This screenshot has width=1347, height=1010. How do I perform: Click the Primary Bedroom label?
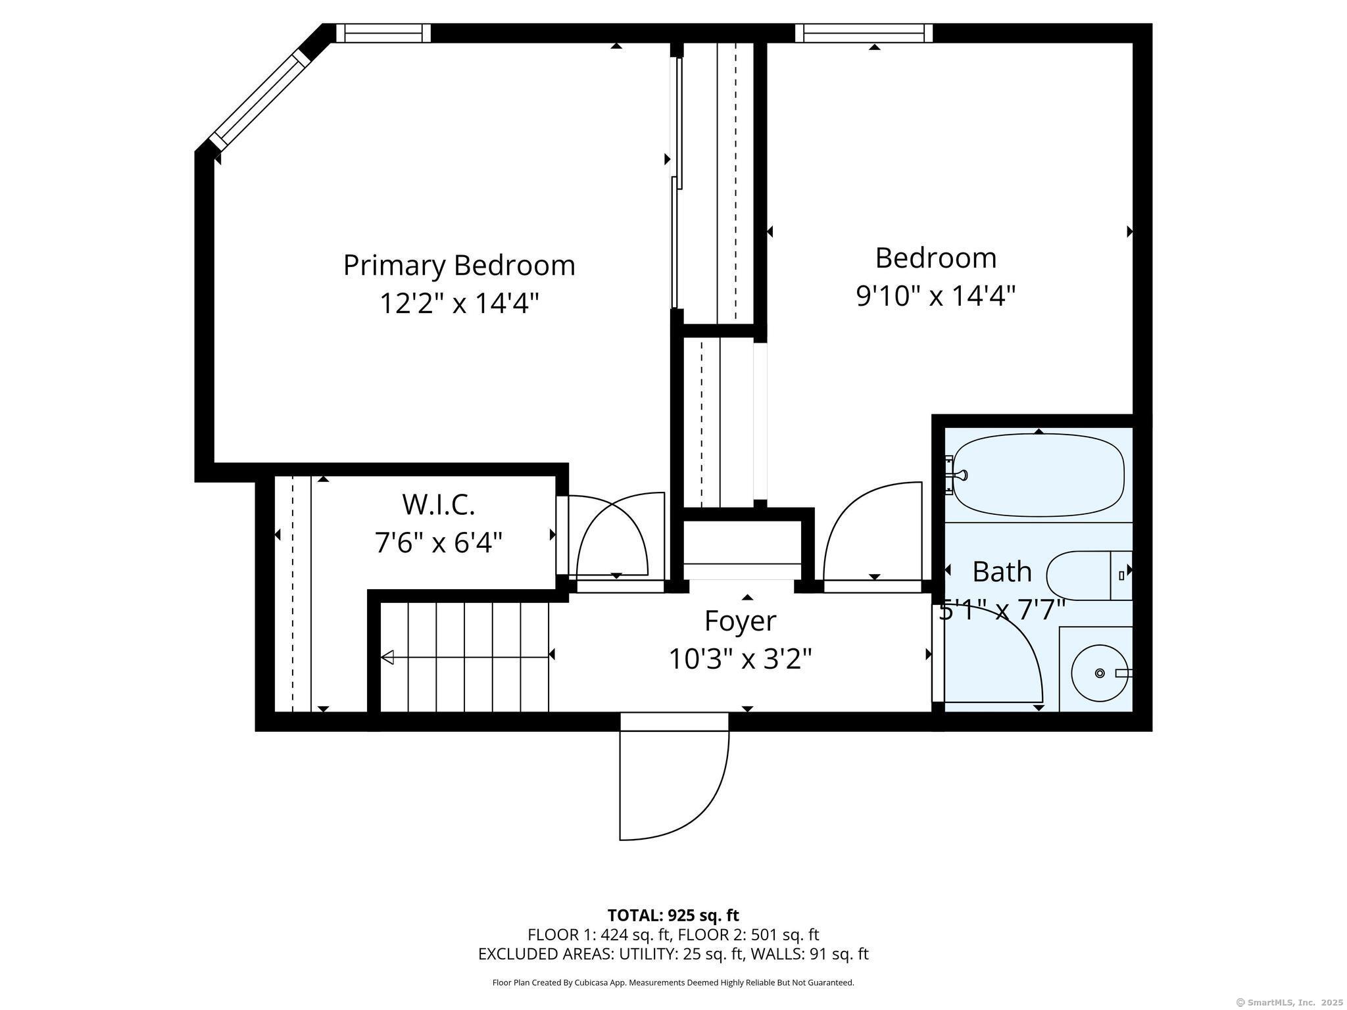459,266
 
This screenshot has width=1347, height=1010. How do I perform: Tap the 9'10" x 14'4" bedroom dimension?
935,296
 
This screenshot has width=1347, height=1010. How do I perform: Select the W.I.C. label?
438,505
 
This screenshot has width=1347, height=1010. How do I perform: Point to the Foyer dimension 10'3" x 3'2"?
740,658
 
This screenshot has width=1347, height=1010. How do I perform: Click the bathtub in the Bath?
1039,475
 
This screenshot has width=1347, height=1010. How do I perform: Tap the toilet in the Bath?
1089,576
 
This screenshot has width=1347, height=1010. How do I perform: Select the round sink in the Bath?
1100,673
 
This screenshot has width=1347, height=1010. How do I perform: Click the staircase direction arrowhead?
387,657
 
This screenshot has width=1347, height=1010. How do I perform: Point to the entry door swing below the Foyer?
674,785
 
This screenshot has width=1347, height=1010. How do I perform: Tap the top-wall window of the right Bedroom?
864,33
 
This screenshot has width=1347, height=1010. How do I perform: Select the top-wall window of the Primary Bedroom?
383,33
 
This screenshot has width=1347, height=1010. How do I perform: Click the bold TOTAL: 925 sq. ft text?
673,915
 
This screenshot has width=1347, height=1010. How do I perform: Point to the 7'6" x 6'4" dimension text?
438,543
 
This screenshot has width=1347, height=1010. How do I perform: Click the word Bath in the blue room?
1002,572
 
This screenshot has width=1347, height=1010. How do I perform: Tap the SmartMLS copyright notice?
1290,1002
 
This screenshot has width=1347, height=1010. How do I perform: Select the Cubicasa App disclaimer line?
673,982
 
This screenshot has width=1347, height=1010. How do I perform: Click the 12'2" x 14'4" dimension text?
459,303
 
